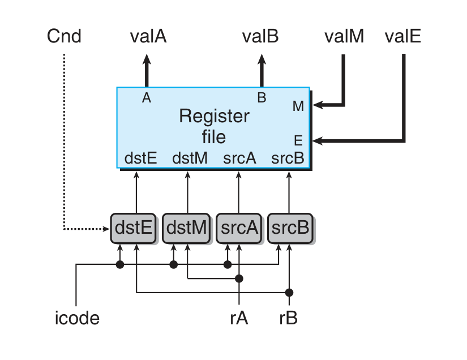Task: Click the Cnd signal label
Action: (x=65, y=37)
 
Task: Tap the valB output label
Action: (x=260, y=37)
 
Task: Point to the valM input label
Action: (x=344, y=37)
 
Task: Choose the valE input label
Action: (x=402, y=37)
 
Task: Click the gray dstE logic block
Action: (x=133, y=228)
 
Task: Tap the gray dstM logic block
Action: (x=186, y=228)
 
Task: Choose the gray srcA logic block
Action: (x=238, y=228)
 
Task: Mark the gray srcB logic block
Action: (x=290, y=228)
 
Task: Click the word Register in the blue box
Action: (x=214, y=117)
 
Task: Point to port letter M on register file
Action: (x=298, y=106)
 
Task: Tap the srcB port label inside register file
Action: (x=288, y=158)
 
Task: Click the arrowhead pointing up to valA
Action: (x=147, y=58)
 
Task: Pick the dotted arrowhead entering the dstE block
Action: (x=107, y=229)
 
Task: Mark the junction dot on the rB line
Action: (x=289, y=293)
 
